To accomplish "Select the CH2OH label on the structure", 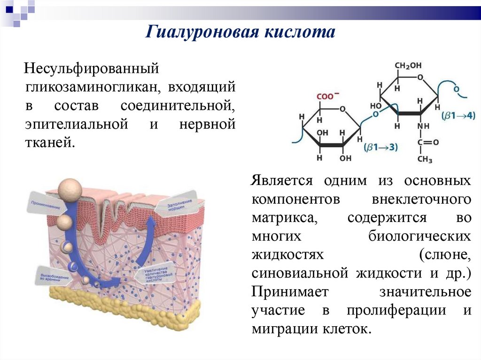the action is pos(408,65).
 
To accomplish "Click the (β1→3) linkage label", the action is pos(380,147).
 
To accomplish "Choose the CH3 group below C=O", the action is pos(424,159).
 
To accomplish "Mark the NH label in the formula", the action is pos(424,126).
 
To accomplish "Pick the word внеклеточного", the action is pos(421,199).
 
